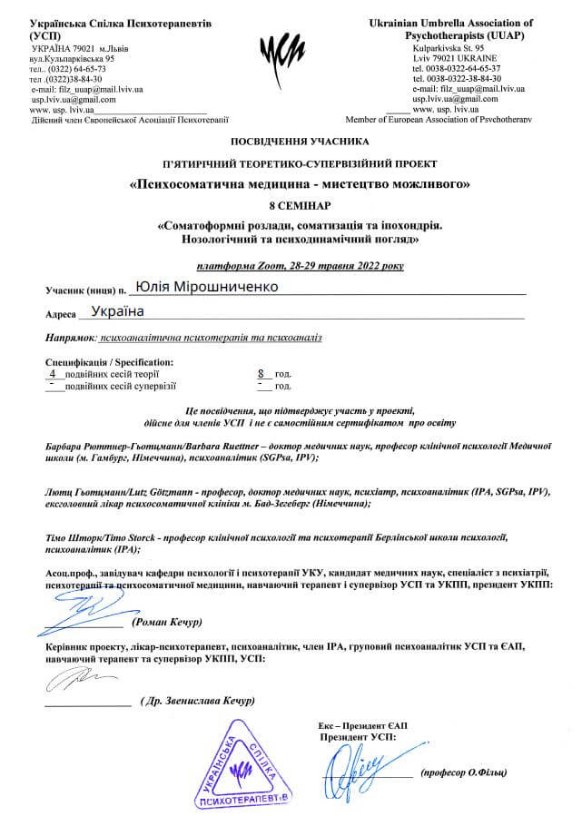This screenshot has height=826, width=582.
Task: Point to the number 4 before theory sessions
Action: (x=53, y=373)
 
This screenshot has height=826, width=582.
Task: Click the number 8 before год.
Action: (x=261, y=373)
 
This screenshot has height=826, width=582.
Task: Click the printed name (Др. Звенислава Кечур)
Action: (x=198, y=702)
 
